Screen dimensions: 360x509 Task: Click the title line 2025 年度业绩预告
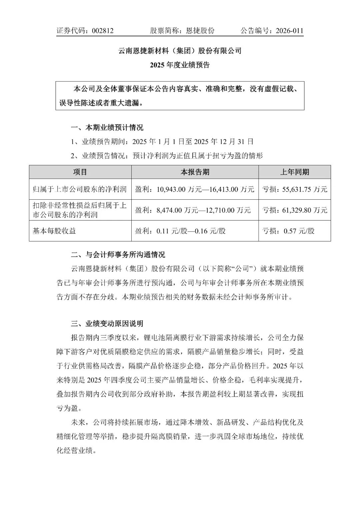(x=180, y=65)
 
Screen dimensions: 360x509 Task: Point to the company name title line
(x=180, y=51)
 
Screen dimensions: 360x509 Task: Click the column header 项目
(x=80, y=172)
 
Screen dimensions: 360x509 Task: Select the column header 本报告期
(x=195, y=172)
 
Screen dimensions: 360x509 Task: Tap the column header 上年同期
(x=294, y=172)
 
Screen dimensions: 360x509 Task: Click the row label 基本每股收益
(x=54, y=231)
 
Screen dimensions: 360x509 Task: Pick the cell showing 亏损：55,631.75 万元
(x=295, y=189)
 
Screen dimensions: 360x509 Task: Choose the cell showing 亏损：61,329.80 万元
(x=295, y=210)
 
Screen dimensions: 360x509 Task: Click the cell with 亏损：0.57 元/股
(x=288, y=231)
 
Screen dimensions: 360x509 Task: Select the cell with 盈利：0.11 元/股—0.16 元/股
(x=180, y=231)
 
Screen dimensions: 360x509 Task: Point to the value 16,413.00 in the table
(x=222, y=189)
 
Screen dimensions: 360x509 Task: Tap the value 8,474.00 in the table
(x=170, y=210)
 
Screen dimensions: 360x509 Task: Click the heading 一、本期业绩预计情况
(x=107, y=128)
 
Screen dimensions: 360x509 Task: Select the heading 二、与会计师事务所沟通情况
(x=118, y=255)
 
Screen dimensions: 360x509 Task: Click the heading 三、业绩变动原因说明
(x=107, y=323)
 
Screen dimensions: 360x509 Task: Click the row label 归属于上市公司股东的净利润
(x=80, y=189)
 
